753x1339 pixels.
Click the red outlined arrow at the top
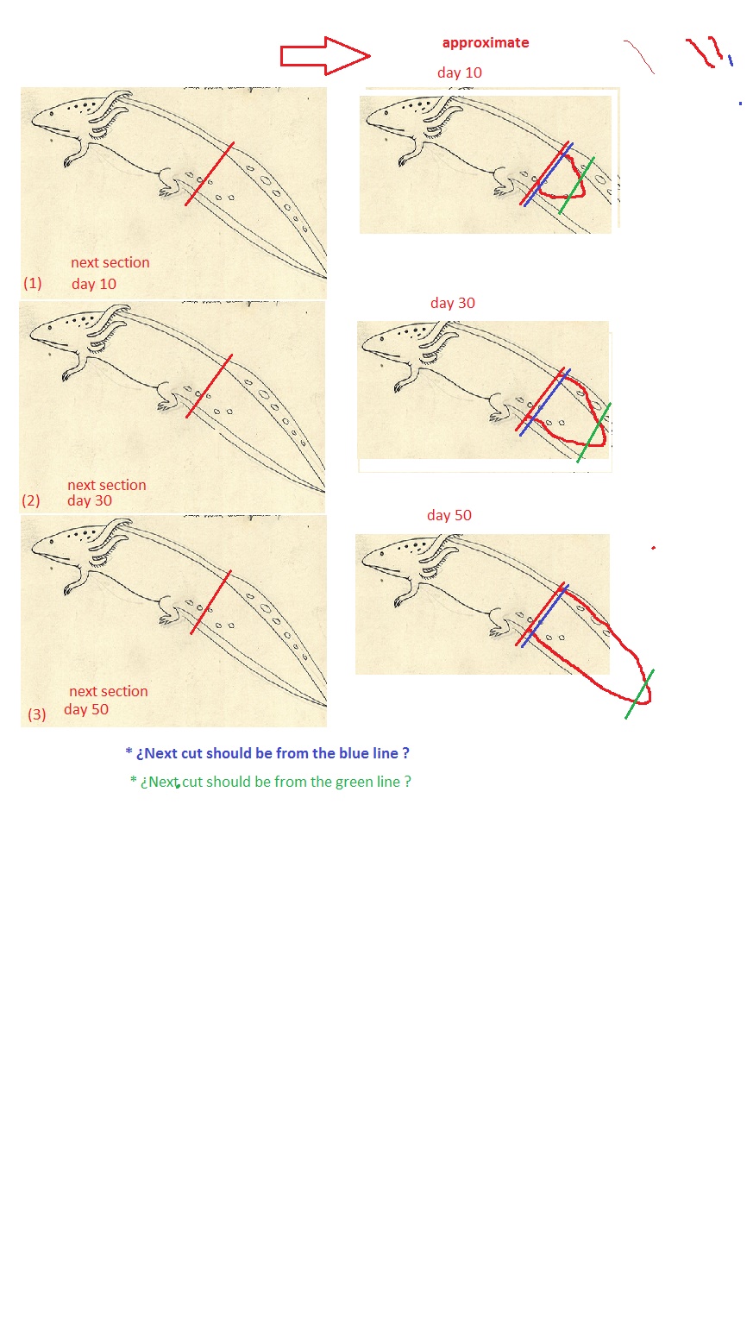coord(326,55)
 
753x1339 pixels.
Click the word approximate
coord(486,43)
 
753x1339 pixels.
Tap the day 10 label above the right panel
coord(460,73)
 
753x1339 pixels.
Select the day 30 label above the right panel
coord(452,303)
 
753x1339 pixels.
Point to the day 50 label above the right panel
coord(449,515)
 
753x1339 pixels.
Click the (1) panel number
coord(32,283)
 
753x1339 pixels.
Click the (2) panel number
coord(30,500)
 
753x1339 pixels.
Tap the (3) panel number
coord(36,714)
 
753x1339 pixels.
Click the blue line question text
coord(267,753)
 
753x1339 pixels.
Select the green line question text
coord(270,782)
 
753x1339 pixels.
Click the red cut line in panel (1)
coord(209,174)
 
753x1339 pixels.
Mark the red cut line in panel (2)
coord(209,387)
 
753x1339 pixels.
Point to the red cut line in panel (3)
coord(210,602)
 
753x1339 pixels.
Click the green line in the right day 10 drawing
coord(576,185)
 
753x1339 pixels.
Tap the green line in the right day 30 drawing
coord(593,432)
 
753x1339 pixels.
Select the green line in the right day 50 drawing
coord(639,694)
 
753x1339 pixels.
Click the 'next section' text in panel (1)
coord(110,262)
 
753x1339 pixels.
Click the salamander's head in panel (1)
coord(63,117)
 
